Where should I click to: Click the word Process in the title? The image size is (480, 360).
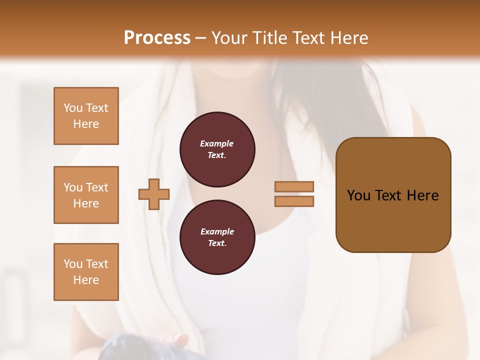157,38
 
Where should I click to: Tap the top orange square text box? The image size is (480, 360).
86,116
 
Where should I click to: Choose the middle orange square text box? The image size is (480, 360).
86,195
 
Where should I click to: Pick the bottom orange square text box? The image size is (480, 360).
86,272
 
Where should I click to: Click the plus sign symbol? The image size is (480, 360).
154,194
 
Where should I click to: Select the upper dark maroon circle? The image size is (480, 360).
217,149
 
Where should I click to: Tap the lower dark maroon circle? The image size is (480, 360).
217,237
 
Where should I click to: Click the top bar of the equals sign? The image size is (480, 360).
294,187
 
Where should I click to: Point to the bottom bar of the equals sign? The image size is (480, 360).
294,201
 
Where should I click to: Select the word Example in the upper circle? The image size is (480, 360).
217,144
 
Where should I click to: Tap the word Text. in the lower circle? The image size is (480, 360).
217,243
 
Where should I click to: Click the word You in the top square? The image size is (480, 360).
73,108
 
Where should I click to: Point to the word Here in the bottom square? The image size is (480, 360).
86,280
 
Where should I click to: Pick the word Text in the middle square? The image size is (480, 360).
97,187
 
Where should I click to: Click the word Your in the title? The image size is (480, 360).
228,38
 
